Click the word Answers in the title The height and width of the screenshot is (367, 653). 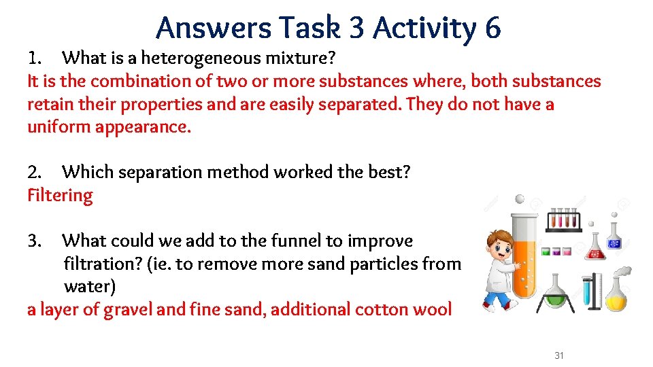[204, 28]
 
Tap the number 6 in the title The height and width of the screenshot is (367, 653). [492, 28]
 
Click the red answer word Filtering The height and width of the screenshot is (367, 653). [60, 196]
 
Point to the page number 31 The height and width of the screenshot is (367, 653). [559, 355]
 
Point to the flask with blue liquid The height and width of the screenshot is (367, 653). [616, 239]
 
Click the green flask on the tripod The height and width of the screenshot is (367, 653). [557, 292]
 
